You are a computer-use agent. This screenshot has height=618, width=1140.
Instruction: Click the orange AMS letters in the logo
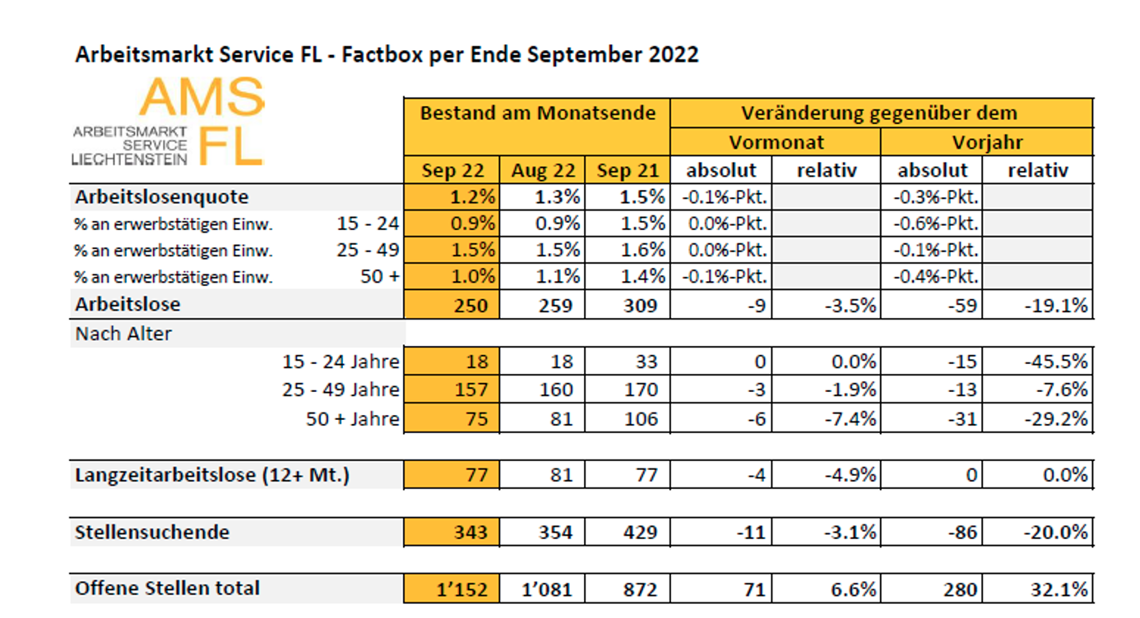pos(202,98)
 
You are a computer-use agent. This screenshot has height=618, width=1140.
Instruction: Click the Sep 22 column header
pos(452,170)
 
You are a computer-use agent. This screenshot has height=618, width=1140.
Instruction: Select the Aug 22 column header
pos(544,170)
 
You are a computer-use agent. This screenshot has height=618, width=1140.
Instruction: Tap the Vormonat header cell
pos(775,141)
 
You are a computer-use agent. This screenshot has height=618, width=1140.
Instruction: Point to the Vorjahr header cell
pos(987,141)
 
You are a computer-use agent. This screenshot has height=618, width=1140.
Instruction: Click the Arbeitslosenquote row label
pos(162,197)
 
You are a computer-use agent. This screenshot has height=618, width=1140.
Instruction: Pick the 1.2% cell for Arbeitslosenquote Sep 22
pos(452,197)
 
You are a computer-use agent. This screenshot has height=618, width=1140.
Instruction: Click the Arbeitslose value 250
pos(452,305)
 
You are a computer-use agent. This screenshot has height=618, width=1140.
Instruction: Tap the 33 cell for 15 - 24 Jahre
pos(629,362)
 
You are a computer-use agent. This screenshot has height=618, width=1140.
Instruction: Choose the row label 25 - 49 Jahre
pos(341,390)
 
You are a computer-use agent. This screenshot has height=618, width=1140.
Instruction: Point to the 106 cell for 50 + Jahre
pos(629,418)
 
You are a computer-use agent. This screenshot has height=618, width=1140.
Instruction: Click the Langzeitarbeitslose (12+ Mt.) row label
pos(212,475)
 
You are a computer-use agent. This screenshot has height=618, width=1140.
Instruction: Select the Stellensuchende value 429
pos(629,532)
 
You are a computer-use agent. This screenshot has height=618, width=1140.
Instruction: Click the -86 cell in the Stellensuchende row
pos(934,532)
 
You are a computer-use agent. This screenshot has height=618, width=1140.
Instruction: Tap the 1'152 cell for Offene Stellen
pos(452,589)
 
